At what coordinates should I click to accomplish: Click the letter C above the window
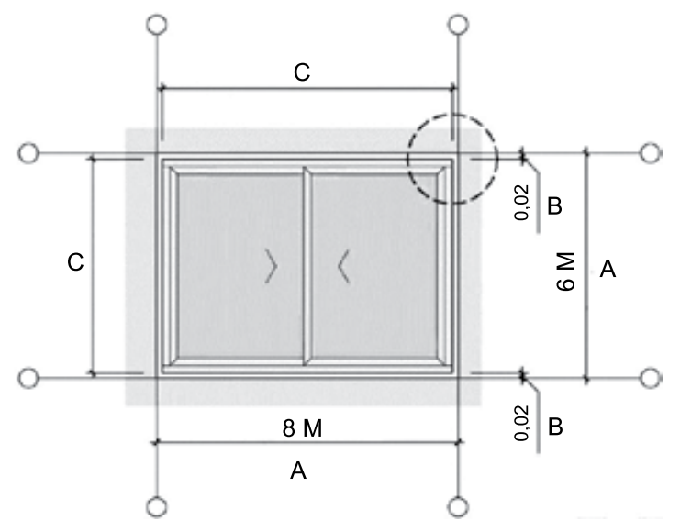pyautogui.click(x=302, y=72)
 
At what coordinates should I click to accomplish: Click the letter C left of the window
pyautogui.click(x=75, y=262)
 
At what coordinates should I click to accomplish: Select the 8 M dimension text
pyautogui.click(x=302, y=428)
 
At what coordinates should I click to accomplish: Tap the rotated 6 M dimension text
pyautogui.click(x=565, y=272)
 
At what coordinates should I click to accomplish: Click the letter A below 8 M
pyautogui.click(x=298, y=471)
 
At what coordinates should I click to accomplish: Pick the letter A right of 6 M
pyautogui.click(x=608, y=269)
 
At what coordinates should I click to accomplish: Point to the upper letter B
pyautogui.click(x=554, y=205)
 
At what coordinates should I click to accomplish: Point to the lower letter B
pyautogui.click(x=555, y=427)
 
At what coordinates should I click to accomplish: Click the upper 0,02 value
pyautogui.click(x=522, y=203)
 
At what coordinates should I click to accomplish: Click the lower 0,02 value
pyautogui.click(x=522, y=423)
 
